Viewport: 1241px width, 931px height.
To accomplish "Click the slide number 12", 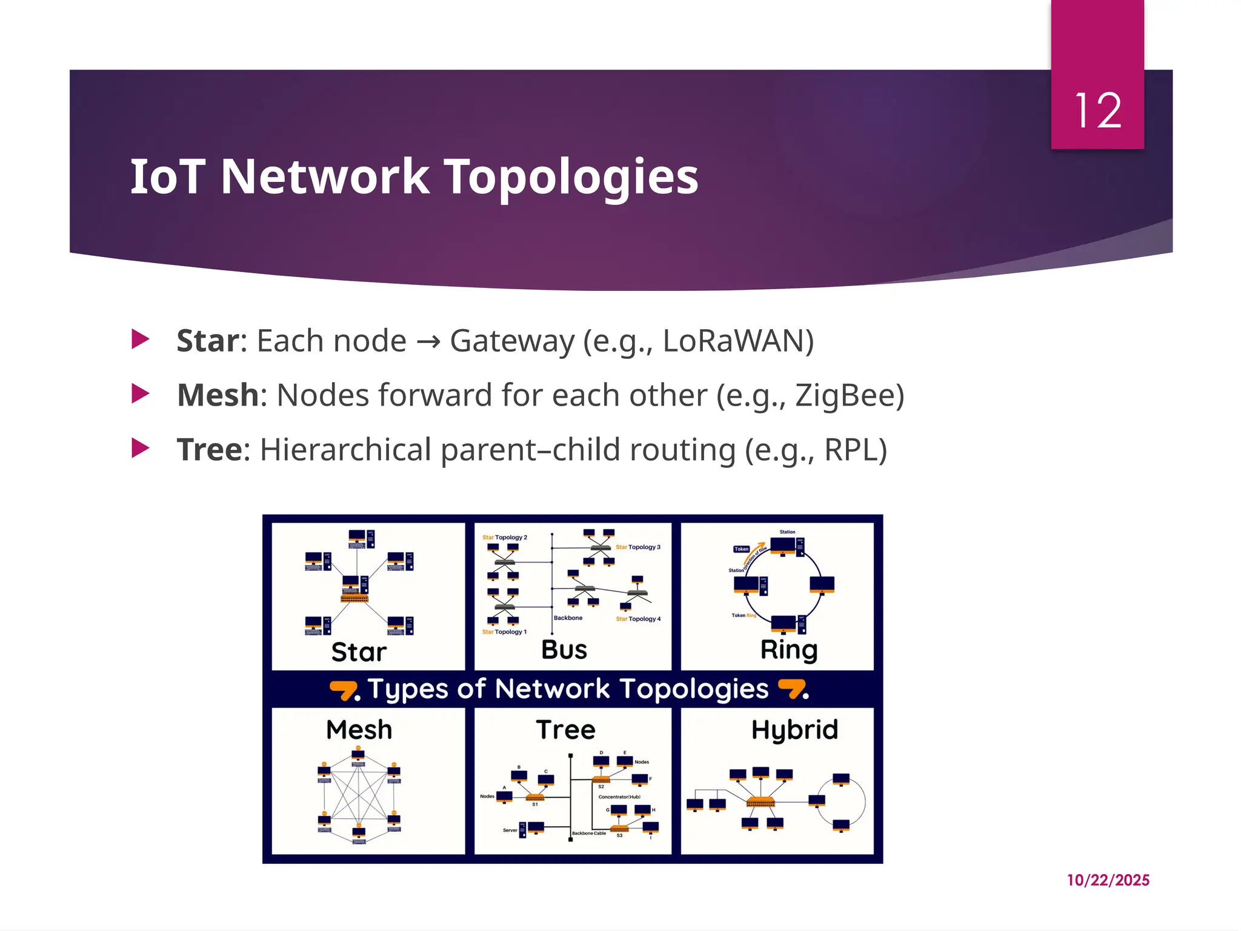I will coord(1097,111).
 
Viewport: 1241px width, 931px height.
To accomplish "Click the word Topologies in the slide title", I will coord(571,176).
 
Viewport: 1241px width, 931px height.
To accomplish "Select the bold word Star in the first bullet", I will coord(208,341).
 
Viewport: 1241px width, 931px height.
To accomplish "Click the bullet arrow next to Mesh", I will coord(141,394).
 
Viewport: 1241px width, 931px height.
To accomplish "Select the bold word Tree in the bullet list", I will coord(209,450).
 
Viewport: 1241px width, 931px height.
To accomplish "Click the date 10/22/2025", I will coord(1108,880).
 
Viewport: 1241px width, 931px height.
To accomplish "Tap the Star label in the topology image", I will coord(359,652).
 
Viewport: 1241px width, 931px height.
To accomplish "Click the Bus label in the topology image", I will coord(564,650).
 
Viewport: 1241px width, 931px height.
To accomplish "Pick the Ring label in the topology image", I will coord(789,650).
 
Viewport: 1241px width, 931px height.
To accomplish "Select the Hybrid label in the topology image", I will coord(794,730).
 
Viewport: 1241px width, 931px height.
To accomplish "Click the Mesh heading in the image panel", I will coord(359,730).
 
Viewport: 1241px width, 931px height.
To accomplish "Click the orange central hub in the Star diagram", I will coord(354,598).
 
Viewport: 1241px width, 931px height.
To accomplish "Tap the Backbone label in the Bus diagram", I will coord(568,618).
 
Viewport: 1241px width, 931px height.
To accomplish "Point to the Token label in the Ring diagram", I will coord(742,549).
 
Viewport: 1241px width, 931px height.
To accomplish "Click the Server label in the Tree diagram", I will coord(510,830).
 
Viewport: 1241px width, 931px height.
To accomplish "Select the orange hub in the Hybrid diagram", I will coord(760,802).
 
